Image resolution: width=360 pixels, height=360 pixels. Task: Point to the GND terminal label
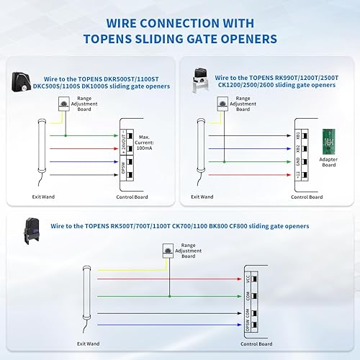pos(297,161)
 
